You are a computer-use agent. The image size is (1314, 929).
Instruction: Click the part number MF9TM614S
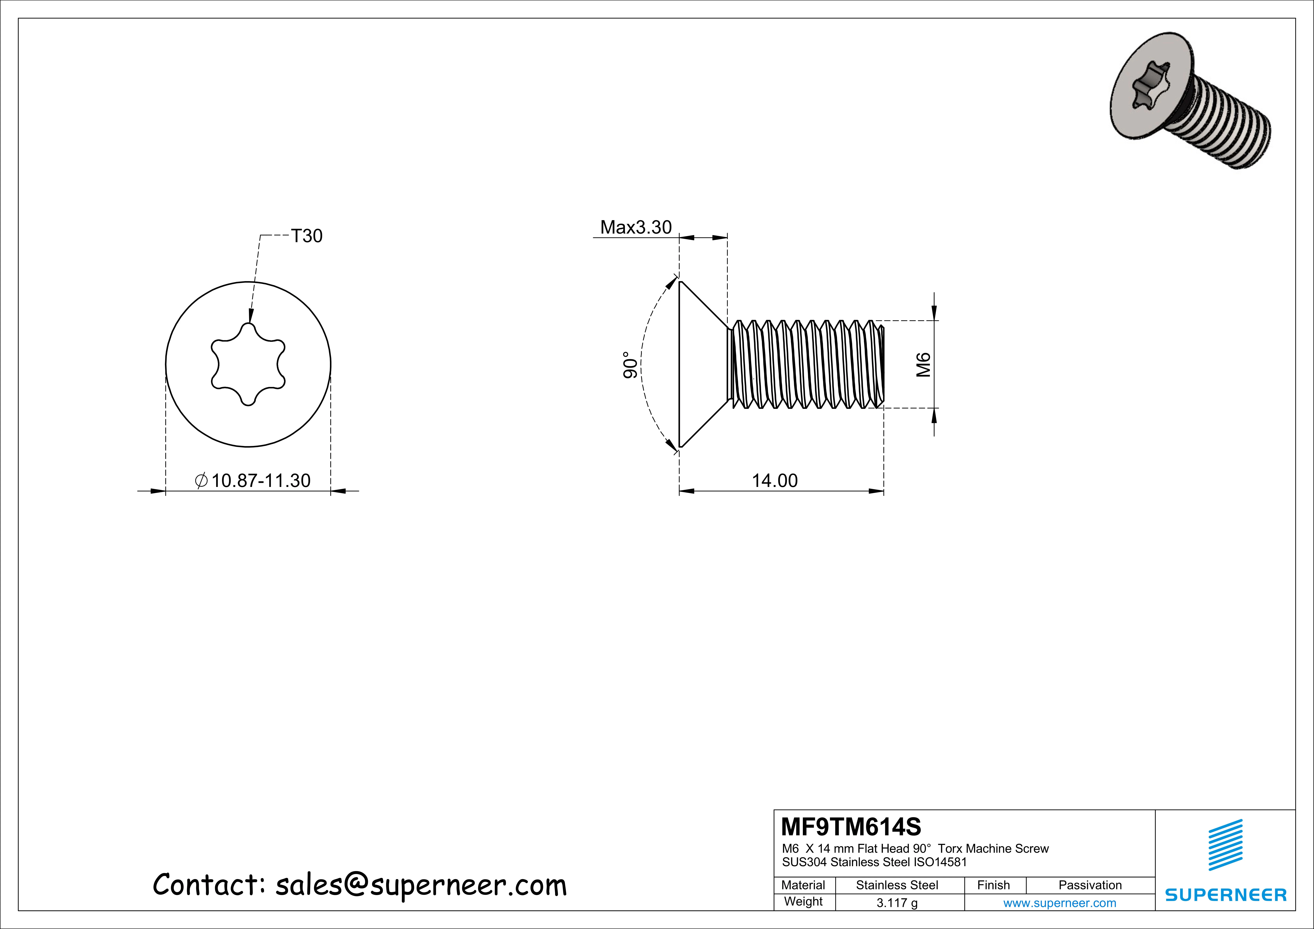(851, 827)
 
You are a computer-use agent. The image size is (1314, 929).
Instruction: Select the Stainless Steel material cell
(897, 885)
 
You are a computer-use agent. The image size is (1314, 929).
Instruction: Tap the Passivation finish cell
(1090, 885)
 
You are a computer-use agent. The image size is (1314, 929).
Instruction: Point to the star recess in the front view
(248, 365)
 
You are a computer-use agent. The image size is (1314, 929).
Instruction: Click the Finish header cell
(993, 885)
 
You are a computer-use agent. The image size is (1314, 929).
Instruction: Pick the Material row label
(803, 885)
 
